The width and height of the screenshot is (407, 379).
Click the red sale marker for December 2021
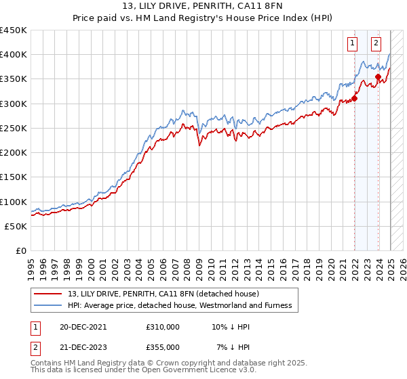point(355,99)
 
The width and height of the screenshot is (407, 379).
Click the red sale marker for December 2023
point(378,76)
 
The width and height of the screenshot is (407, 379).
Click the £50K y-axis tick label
point(16,226)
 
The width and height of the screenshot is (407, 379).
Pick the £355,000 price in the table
point(163,347)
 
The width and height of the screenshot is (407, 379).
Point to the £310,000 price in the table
point(163,326)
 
